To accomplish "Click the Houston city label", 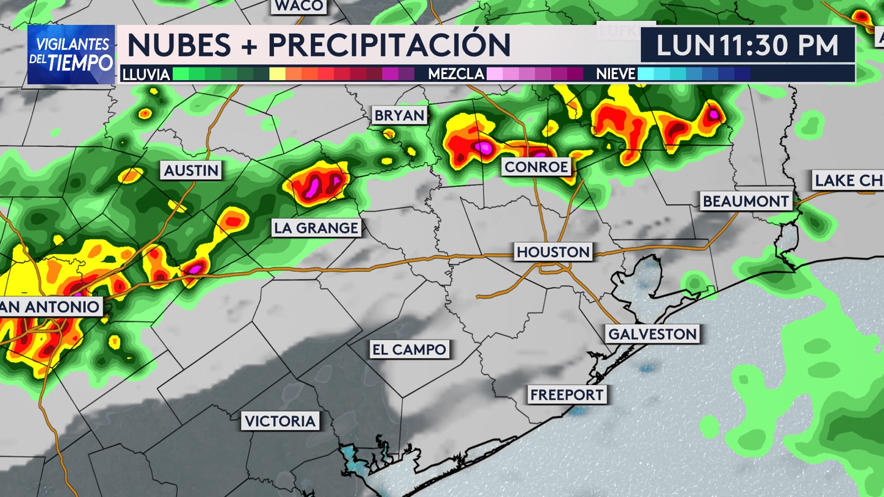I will [553, 252].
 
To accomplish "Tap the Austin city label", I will [191, 170].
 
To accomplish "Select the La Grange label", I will [316, 228].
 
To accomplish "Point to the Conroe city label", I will [536, 167].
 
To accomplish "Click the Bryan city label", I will [399, 115].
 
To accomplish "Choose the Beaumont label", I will [745, 201].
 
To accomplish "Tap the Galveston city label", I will [653, 334].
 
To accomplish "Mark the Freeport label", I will [566, 395].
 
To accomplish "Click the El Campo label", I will [409, 350].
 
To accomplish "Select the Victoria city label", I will [280, 421].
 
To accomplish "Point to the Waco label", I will [299, 6].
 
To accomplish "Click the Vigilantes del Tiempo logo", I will [71, 54].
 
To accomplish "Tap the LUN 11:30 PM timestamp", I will [747, 45].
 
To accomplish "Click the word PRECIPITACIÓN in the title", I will [389, 45].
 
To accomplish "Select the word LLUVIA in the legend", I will [146, 75].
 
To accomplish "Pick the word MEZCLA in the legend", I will [456, 74].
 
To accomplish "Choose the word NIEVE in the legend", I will [615, 74].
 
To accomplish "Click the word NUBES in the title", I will [179, 45].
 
